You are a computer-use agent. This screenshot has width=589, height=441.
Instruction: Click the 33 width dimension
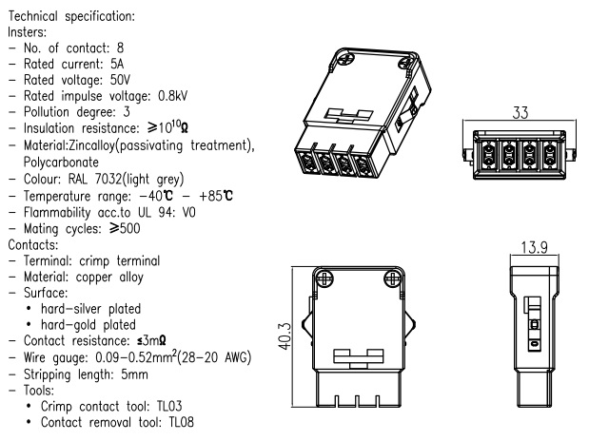click(x=520, y=110)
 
